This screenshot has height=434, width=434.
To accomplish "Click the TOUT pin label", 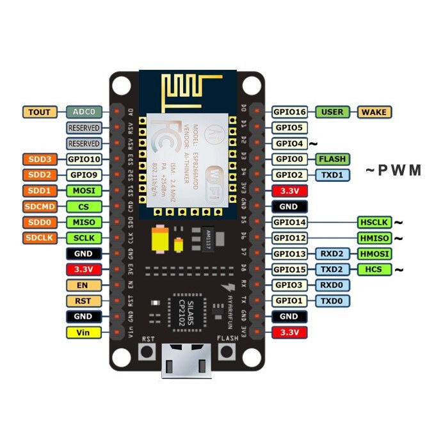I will [40, 112].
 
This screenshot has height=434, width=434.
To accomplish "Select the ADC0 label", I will [83, 112].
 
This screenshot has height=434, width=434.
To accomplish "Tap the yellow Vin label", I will [83, 333].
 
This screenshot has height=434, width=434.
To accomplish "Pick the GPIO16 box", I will [290, 112].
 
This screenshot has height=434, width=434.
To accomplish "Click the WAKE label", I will [374, 112].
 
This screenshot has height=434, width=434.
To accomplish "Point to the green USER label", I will [332, 112].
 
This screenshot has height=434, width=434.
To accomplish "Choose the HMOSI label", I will [374, 254].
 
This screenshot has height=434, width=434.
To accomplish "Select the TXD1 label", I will [332, 175].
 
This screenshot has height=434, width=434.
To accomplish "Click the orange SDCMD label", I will [40, 207].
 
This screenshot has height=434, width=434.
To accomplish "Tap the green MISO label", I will [83, 222].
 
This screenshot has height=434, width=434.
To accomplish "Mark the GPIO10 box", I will [83, 159].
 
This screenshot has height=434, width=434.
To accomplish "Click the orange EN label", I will [83, 285].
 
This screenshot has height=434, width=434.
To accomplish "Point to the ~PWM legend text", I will [393, 171].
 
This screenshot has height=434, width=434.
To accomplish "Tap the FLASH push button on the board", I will [227, 352].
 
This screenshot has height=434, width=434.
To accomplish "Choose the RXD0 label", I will [332, 285].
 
